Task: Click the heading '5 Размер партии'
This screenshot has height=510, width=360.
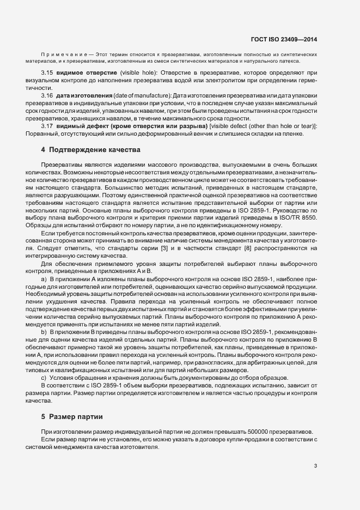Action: pos(72,417)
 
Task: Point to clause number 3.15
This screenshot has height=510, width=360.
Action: pos(47,72)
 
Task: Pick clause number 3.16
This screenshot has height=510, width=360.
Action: pos(47,95)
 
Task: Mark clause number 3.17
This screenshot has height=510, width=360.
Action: pos(47,126)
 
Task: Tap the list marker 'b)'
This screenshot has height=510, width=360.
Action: pos(45,332)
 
